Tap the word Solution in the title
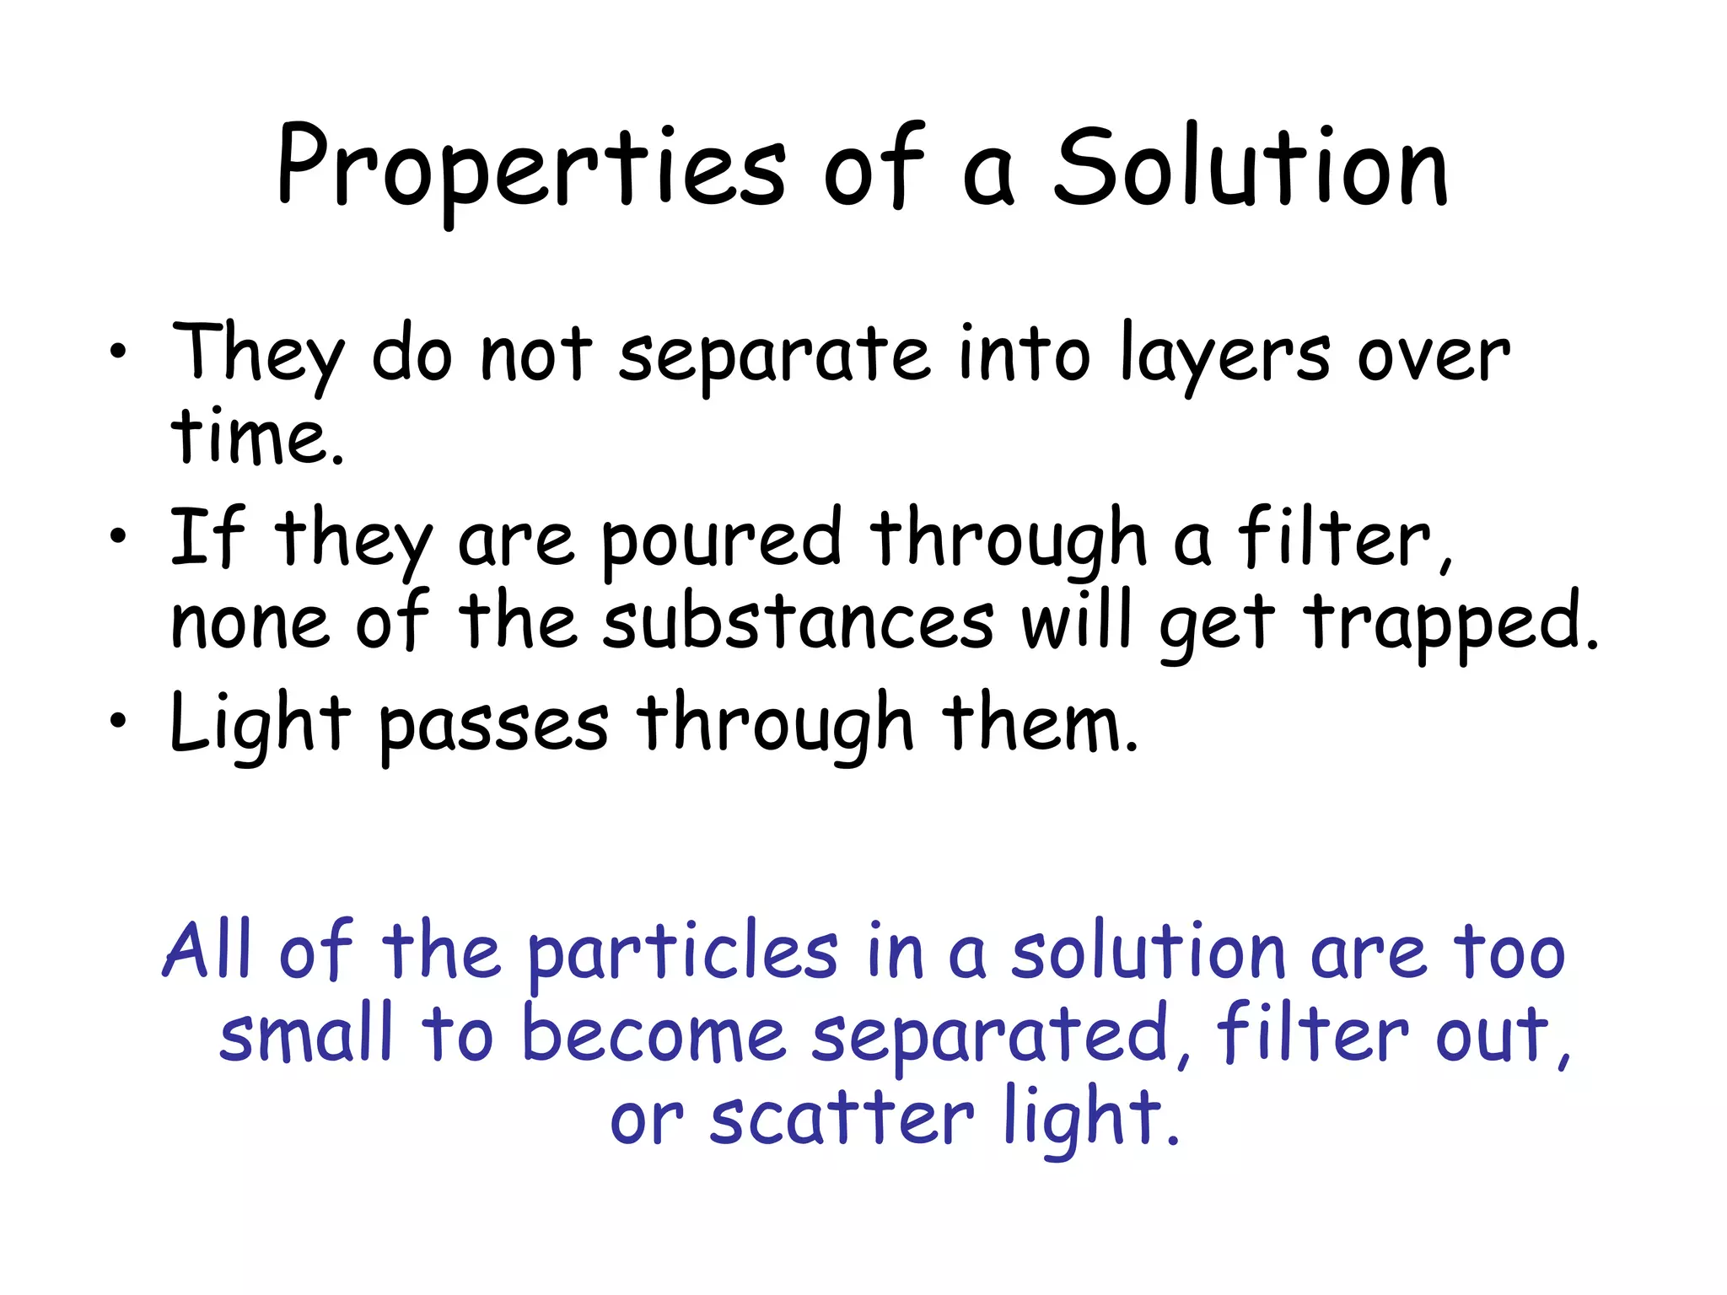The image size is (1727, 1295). click(x=1251, y=169)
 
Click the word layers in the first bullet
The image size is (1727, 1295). click(x=1225, y=356)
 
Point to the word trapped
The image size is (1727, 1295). click(x=1451, y=624)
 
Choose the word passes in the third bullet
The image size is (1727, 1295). click(x=493, y=725)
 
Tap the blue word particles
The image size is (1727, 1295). click(x=682, y=953)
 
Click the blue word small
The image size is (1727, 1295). click(x=306, y=1034)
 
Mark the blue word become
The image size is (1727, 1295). click(x=654, y=1034)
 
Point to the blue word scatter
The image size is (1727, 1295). click(x=842, y=1118)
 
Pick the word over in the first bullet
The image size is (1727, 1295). click(x=1434, y=356)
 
